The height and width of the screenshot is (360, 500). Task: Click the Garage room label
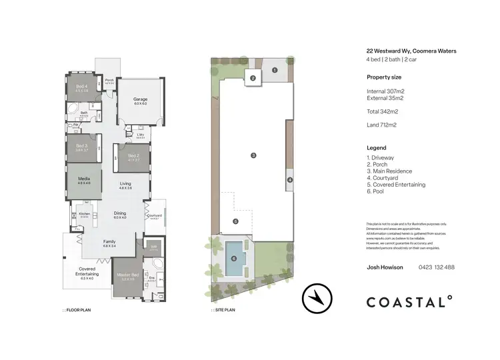pos(140,100)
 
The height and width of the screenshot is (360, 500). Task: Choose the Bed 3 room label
pos(82,146)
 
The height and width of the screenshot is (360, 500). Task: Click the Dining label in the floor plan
pos(119,214)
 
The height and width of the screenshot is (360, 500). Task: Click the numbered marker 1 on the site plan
pos(274,69)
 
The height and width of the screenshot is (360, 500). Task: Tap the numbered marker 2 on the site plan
pos(253,78)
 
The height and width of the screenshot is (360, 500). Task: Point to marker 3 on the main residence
pos(253,155)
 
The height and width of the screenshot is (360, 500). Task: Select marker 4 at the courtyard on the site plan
pos(289,179)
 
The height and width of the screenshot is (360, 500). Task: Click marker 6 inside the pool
pos(233,259)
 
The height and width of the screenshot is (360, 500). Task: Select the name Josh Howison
pos(385,267)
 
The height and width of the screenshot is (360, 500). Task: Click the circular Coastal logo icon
pos(318,299)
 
